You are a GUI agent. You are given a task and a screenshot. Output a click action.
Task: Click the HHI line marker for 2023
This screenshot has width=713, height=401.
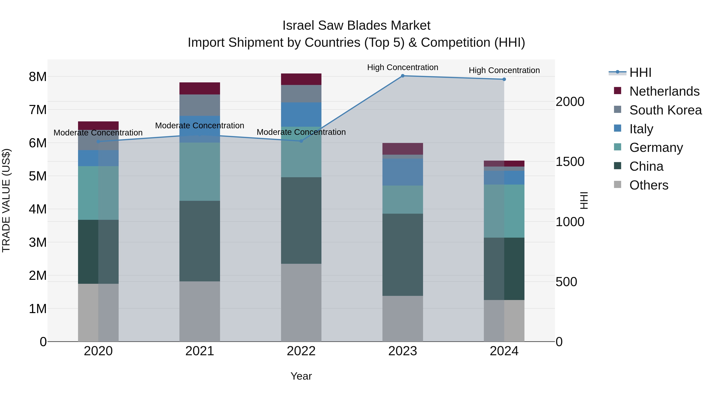[x=403, y=76]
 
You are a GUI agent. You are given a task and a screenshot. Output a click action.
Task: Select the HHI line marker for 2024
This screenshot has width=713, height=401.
[x=504, y=79]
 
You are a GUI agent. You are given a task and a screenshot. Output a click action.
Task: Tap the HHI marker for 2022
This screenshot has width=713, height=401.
[x=301, y=141]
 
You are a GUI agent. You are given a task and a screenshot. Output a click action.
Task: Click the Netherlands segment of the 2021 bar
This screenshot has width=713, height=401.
[x=200, y=89]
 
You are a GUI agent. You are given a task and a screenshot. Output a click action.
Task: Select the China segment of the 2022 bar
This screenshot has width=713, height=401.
[x=301, y=221]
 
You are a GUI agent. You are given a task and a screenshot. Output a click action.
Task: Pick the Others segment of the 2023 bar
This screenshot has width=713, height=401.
[x=403, y=319]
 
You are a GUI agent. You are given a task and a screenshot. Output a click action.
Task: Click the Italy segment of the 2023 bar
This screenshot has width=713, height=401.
[x=403, y=172]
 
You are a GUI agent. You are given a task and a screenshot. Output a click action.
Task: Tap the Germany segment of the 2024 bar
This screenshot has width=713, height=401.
[x=504, y=211]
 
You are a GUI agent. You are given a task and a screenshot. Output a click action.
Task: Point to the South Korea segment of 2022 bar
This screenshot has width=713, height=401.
[x=301, y=94]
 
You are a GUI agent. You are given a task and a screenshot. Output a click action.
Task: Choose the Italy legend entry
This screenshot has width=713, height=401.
[x=641, y=129]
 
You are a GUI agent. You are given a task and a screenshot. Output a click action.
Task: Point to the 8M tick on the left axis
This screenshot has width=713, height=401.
[x=38, y=77]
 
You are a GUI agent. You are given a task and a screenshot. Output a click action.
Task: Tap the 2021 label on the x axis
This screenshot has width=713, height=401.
[x=200, y=351]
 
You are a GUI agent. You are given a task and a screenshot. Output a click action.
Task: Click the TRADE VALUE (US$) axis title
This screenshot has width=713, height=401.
[x=6, y=200]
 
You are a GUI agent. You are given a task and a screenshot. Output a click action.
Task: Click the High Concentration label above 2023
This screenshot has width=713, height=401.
[x=403, y=68]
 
